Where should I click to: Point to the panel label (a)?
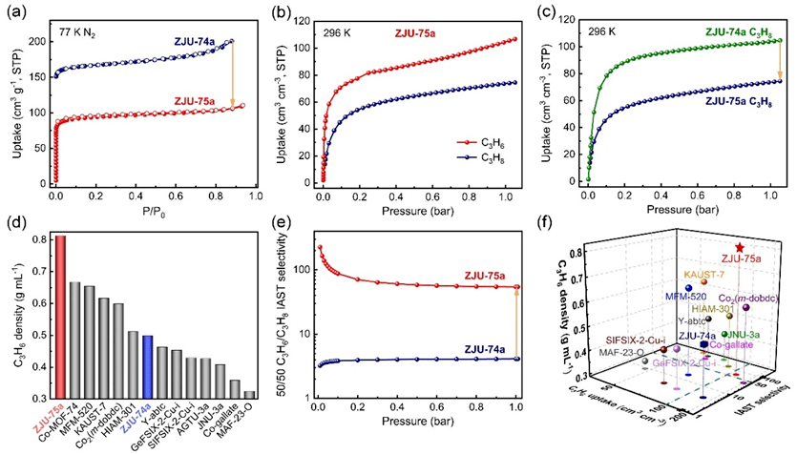coord(16,11)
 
